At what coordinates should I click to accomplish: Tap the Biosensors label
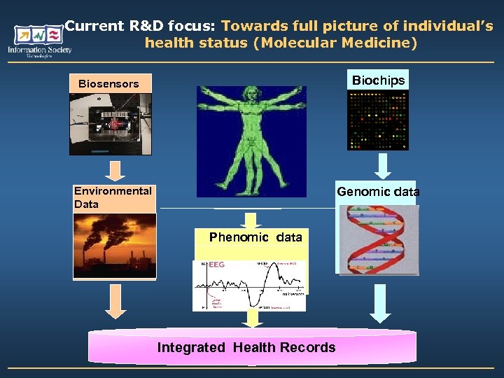pos(108,84)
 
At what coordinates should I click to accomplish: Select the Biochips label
pos(378,80)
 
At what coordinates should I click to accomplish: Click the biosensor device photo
pos(110,124)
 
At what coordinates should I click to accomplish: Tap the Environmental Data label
pos(113,197)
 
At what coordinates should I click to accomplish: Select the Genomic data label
pos(378,192)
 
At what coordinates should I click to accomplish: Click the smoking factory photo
pos(115,246)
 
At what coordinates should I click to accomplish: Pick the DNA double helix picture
pos(379,239)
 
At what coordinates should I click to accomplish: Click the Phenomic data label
pos(255,237)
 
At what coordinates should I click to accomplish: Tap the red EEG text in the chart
pos(216,265)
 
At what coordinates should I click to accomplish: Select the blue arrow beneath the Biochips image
pos(381,166)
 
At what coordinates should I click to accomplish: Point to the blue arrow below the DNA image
pos(380,302)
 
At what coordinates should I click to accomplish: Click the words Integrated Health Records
pos(246,348)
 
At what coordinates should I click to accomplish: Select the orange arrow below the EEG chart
pos(251,318)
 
